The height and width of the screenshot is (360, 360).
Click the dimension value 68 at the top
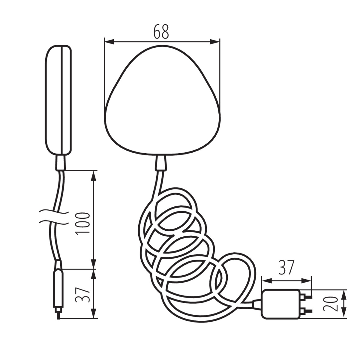pyautogui.click(x=161, y=31)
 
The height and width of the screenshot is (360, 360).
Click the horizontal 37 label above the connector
pyautogui.click(x=286, y=267)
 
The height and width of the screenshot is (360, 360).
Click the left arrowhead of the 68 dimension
pyautogui.click(x=109, y=42)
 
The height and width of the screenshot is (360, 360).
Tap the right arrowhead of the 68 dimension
pyautogui.click(x=215, y=42)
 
